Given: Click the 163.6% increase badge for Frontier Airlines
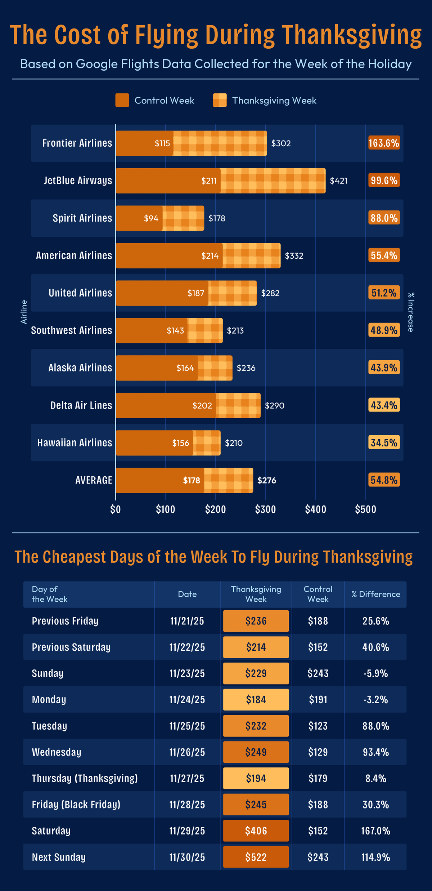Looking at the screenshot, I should click(384, 143).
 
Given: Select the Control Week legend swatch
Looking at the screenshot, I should click(122, 100).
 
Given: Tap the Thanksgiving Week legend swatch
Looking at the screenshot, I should click(220, 100).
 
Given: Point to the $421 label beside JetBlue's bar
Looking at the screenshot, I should click(338, 181).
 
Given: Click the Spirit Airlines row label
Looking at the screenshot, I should click(82, 218).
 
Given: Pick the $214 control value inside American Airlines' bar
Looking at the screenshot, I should click(210, 256).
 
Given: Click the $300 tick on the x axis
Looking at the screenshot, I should click(265, 509).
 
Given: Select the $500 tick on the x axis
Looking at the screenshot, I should click(365, 509).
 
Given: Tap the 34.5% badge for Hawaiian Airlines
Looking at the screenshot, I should click(384, 442).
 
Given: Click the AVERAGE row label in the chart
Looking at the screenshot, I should click(94, 480).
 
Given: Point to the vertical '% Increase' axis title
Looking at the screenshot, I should click(411, 312).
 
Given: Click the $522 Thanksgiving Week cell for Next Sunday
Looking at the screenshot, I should click(256, 857).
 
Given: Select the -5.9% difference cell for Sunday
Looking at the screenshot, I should click(375, 673).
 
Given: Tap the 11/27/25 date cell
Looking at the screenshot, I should click(187, 778).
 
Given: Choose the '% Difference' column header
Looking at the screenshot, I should click(375, 594).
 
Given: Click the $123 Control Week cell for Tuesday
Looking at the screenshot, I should click(318, 726).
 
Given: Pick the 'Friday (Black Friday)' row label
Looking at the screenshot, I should click(76, 805).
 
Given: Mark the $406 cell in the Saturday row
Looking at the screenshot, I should click(256, 831).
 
